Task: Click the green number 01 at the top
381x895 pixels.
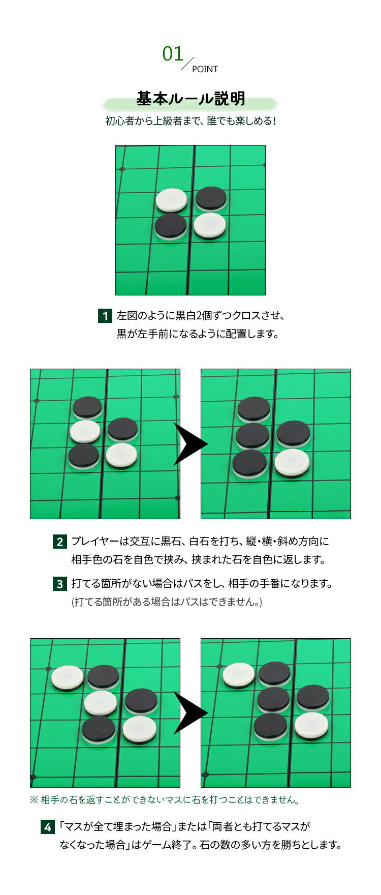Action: (x=173, y=54)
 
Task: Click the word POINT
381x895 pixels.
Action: (x=205, y=69)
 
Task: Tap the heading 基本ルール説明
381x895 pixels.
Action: (x=190, y=99)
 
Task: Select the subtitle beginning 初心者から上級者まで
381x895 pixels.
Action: (x=190, y=122)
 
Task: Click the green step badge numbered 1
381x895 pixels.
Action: (x=105, y=316)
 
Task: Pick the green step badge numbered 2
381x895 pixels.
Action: (x=59, y=542)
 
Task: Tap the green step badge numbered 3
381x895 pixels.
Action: (x=59, y=584)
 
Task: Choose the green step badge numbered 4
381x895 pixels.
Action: (x=47, y=827)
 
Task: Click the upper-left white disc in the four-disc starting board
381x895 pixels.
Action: (x=172, y=201)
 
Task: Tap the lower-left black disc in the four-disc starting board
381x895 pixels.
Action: (x=171, y=226)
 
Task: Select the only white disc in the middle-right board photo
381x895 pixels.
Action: (x=292, y=463)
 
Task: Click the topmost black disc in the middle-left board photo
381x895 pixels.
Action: (x=87, y=407)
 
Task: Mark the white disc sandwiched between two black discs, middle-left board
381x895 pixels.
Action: (x=85, y=432)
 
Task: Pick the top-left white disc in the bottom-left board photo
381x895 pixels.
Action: (x=67, y=678)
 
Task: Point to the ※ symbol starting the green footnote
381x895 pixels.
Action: (x=34, y=800)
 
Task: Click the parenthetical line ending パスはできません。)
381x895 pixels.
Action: (x=167, y=602)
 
